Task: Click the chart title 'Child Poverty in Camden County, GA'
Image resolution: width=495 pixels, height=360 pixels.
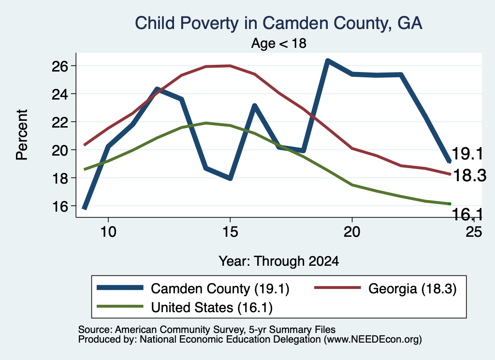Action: [278, 24]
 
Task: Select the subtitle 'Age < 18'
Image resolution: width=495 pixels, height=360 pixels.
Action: [279, 43]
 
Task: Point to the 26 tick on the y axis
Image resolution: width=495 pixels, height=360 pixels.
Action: [60, 66]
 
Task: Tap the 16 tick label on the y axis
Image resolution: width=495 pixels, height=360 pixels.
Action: [60, 206]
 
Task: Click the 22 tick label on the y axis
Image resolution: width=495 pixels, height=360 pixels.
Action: [60, 122]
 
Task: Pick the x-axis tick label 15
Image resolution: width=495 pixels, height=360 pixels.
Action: [230, 232]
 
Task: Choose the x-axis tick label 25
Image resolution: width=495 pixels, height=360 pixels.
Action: [474, 232]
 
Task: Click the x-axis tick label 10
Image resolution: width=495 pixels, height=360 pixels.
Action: [108, 232]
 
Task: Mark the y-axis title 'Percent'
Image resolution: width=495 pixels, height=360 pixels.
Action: [22, 135]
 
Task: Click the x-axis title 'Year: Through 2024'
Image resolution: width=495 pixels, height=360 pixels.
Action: [279, 261]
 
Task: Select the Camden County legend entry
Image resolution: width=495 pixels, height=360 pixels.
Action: [193, 288]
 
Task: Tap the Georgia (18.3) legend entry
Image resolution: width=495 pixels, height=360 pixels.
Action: [385, 288]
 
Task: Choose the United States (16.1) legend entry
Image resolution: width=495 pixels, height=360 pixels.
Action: [185, 307]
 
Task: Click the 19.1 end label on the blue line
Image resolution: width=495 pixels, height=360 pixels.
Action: [467, 154]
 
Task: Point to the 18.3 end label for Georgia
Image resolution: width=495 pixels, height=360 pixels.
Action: [470, 175]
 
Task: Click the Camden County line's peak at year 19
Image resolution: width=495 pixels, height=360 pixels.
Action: [328, 60]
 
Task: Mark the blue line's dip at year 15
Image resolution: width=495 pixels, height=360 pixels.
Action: [230, 178]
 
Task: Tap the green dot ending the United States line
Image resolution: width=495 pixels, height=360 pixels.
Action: [450, 204]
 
